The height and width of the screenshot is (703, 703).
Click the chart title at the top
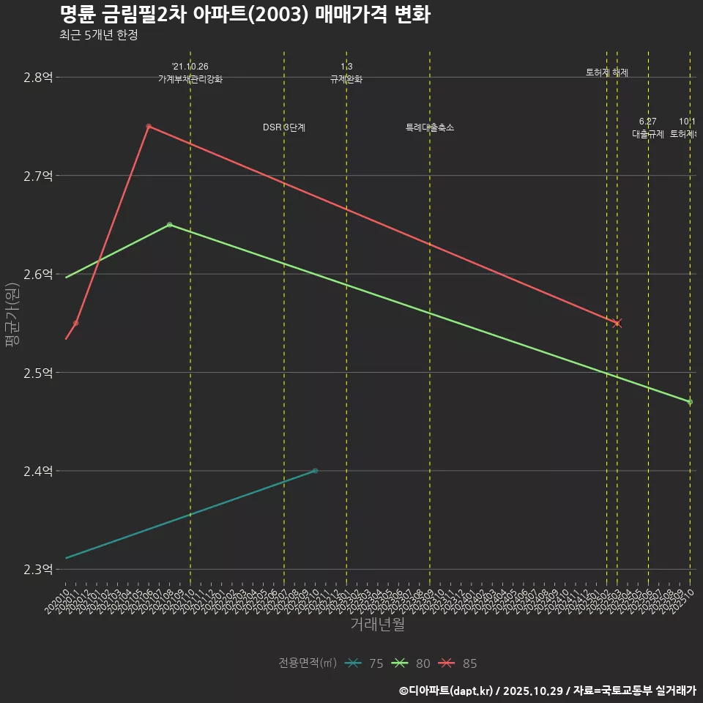(x=245, y=15)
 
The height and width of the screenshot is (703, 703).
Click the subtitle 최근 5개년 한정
(x=98, y=35)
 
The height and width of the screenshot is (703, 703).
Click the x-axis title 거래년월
(x=377, y=624)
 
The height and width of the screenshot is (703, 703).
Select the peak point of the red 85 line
(x=149, y=127)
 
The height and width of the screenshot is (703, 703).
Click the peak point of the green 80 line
(x=169, y=225)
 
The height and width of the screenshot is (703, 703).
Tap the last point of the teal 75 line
(x=315, y=471)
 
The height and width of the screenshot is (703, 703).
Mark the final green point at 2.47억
(x=690, y=402)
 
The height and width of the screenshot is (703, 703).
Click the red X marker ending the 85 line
(x=617, y=323)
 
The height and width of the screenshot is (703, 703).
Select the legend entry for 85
(x=458, y=663)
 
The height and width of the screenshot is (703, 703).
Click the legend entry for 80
(x=412, y=663)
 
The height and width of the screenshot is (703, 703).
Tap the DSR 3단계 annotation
(x=284, y=128)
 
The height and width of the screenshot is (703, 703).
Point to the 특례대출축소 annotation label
(x=430, y=128)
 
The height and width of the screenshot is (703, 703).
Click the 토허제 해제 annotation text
(x=607, y=72)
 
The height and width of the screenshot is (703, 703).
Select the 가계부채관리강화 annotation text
(x=190, y=79)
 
